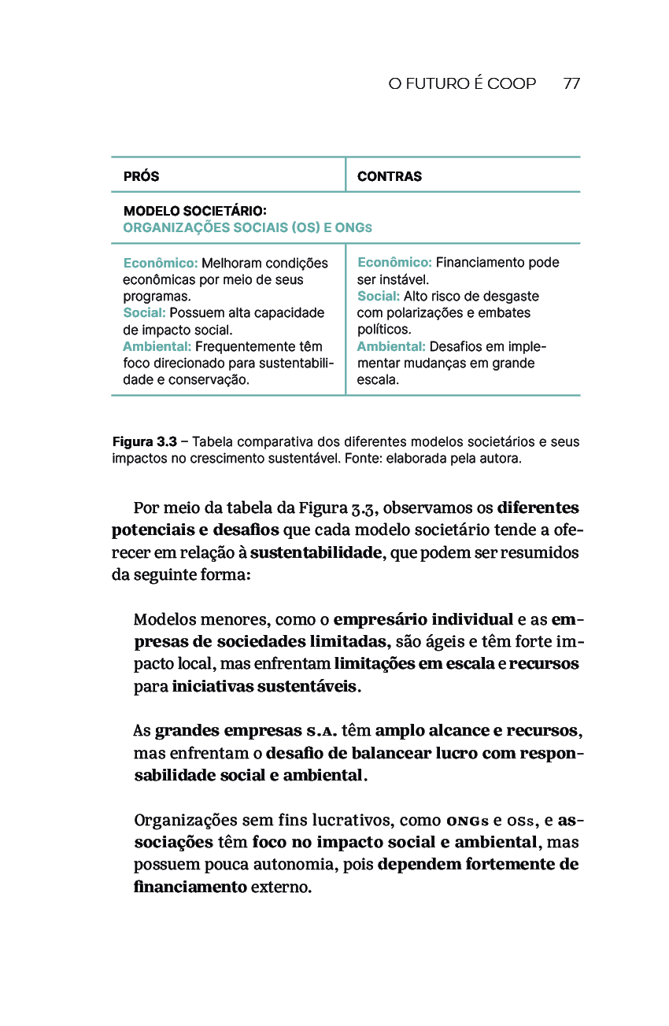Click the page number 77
(572, 83)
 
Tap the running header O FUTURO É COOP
(462, 83)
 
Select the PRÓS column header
(141, 176)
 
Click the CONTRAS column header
(390, 176)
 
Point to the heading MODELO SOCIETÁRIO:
(195, 212)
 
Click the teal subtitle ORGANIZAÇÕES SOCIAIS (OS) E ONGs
(247, 227)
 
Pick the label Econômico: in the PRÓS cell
(161, 263)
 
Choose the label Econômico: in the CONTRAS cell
(394, 262)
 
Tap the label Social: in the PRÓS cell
(144, 313)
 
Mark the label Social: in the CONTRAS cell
(379, 296)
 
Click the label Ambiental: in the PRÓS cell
(157, 346)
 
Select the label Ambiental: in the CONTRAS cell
(391, 346)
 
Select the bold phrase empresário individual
(423, 619)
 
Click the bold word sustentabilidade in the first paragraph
(316, 552)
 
